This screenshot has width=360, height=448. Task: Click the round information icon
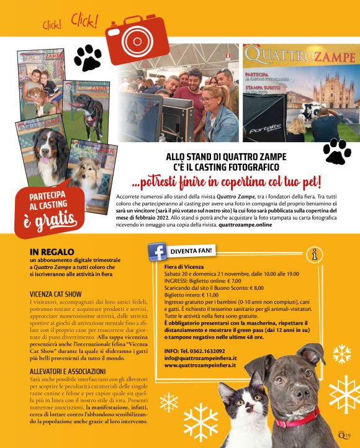(317, 254)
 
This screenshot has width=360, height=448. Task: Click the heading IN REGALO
(47, 252)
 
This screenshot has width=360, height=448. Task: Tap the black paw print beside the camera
(88, 58)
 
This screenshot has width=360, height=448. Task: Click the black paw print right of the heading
(336, 152)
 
